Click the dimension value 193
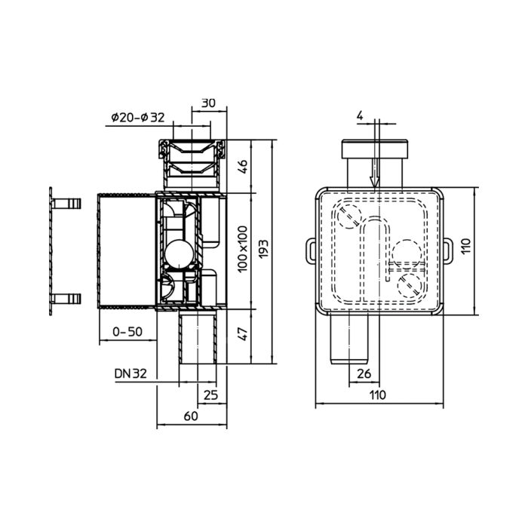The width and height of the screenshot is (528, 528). [264, 249]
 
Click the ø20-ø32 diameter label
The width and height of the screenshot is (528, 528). [138, 118]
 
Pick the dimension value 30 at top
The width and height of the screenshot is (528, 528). [208, 103]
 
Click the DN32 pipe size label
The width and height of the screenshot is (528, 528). [130, 373]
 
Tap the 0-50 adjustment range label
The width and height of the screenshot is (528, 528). [127, 332]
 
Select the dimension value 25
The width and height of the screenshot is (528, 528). [210, 394]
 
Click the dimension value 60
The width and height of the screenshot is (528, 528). [191, 416]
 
